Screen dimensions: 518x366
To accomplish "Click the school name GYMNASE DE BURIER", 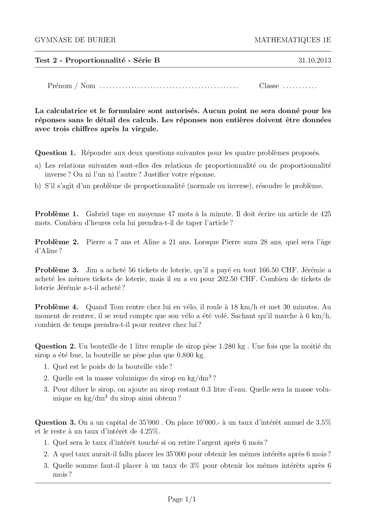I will (75, 40).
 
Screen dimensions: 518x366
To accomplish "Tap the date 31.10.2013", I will (315, 60).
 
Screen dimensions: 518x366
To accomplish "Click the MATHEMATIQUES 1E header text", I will (292, 40).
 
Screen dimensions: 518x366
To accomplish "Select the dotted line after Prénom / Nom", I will (169, 87).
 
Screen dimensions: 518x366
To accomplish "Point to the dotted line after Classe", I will (300, 87).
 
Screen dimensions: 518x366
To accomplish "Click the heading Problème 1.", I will (57, 214).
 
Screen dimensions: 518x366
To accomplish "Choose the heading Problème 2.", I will (57, 242).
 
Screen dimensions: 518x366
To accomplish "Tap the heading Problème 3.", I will (57, 270).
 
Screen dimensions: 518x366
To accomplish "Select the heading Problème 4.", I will (57, 307).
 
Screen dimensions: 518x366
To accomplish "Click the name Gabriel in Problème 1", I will (98, 214).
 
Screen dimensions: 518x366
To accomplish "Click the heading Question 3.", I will (55, 422).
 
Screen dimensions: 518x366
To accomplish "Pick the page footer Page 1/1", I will (182, 499).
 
